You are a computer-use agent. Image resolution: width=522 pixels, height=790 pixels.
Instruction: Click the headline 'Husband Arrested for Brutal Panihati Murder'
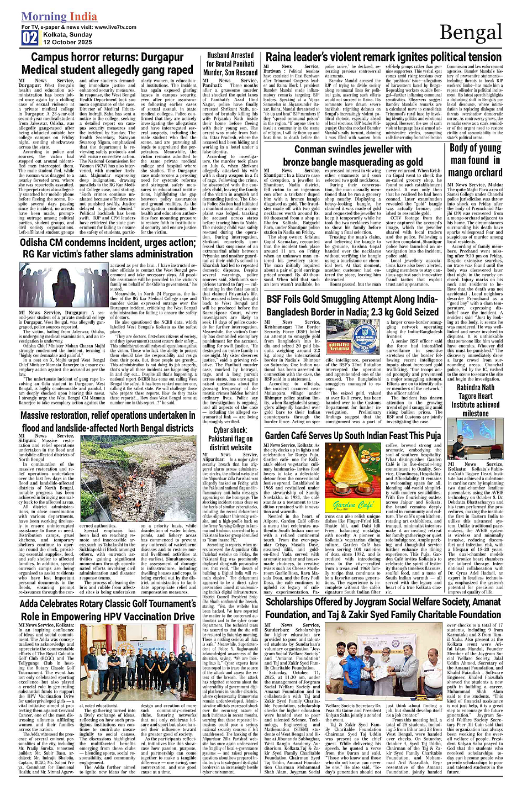point(230,64)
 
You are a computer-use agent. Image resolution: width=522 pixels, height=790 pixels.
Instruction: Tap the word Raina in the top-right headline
point(281,57)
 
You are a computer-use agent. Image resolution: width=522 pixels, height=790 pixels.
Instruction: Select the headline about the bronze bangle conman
point(352,155)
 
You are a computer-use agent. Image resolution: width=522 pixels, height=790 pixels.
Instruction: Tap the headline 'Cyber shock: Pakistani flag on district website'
point(230,439)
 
